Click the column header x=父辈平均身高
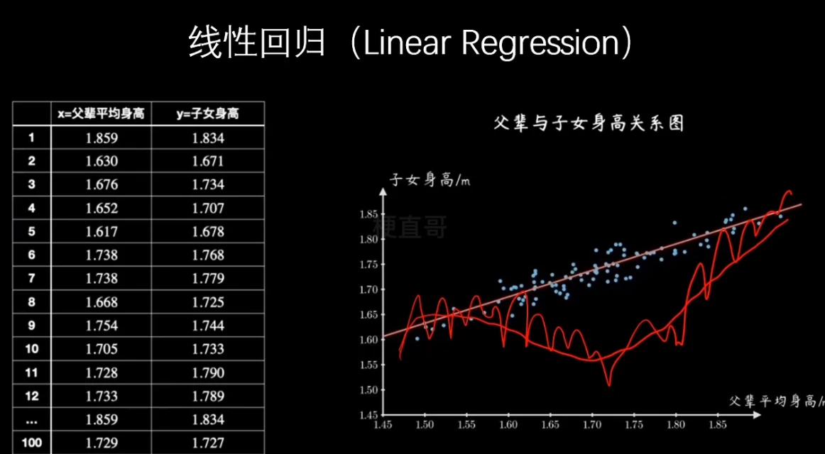tap(101, 113)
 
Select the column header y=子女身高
tap(207, 113)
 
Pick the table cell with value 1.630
tap(101, 161)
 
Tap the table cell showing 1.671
tap(207, 161)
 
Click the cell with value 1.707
tap(207, 208)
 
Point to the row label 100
tap(31, 443)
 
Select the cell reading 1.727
tap(207, 443)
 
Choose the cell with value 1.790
tap(207, 372)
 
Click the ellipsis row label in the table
tap(31, 419)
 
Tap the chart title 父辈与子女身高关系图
tap(589, 123)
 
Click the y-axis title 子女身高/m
tap(430, 180)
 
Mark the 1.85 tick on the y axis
tap(368, 214)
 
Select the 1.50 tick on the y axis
tap(368, 389)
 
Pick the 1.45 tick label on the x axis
tap(383, 425)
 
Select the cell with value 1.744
tap(207, 326)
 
